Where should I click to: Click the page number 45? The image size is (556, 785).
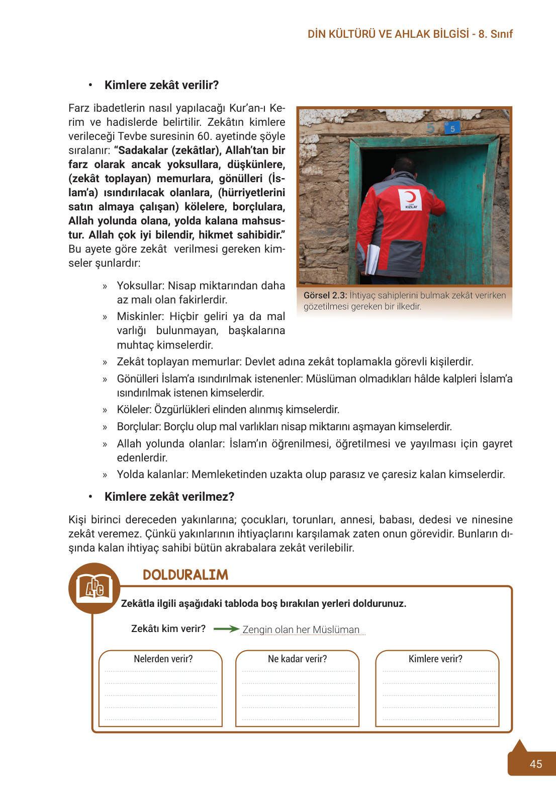(x=536, y=764)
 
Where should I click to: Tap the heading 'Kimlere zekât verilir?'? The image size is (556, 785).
(x=161, y=85)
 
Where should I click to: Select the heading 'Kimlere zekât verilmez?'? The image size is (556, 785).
(x=169, y=497)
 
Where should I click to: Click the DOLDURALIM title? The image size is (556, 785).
(x=186, y=575)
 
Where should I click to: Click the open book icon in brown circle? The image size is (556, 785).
(x=95, y=588)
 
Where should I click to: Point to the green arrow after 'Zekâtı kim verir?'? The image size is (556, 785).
(x=226, y=629)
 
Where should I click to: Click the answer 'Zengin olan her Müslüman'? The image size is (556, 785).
(x=301, y=630)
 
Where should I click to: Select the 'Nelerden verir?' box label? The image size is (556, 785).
(x=163, y=659)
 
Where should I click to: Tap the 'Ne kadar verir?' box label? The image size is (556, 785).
(x=297, y=659)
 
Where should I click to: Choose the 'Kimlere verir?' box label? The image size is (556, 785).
(x=435, y=659)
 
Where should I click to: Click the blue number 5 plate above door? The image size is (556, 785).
(x=452, y=128)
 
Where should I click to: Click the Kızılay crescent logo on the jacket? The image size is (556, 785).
(x=411, y=198)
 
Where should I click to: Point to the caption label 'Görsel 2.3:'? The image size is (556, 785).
(x=325, y=295)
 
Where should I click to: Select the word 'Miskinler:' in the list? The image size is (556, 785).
(x=141, y=317)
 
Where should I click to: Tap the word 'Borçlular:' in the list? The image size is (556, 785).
(x=139, y=427)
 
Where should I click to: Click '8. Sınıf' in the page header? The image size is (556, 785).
(x=495, y=34)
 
